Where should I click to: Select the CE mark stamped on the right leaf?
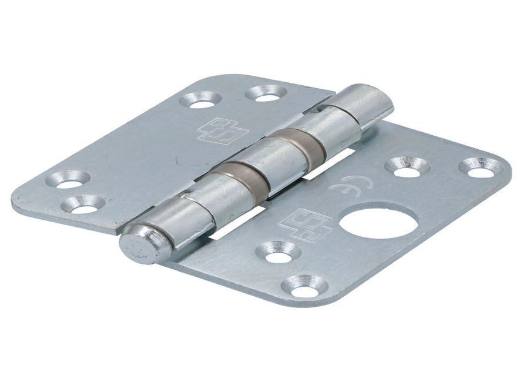tap(350, 184)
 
